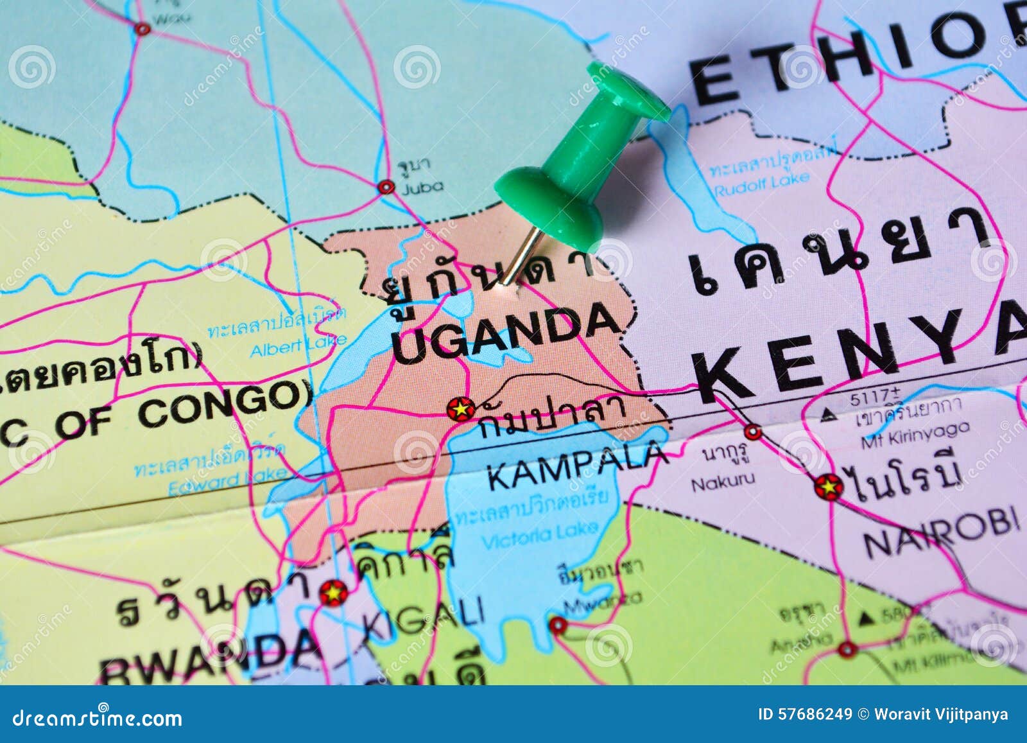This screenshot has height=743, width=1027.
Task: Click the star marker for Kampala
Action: (461, 408)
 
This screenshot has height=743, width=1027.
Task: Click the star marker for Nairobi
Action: (829, 487)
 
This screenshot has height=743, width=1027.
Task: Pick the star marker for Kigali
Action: (334, 592)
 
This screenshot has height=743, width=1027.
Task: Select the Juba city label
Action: (422, 187)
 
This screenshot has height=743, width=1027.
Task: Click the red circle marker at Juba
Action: (386, 187)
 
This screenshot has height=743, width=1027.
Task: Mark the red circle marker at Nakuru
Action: (753, 432)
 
